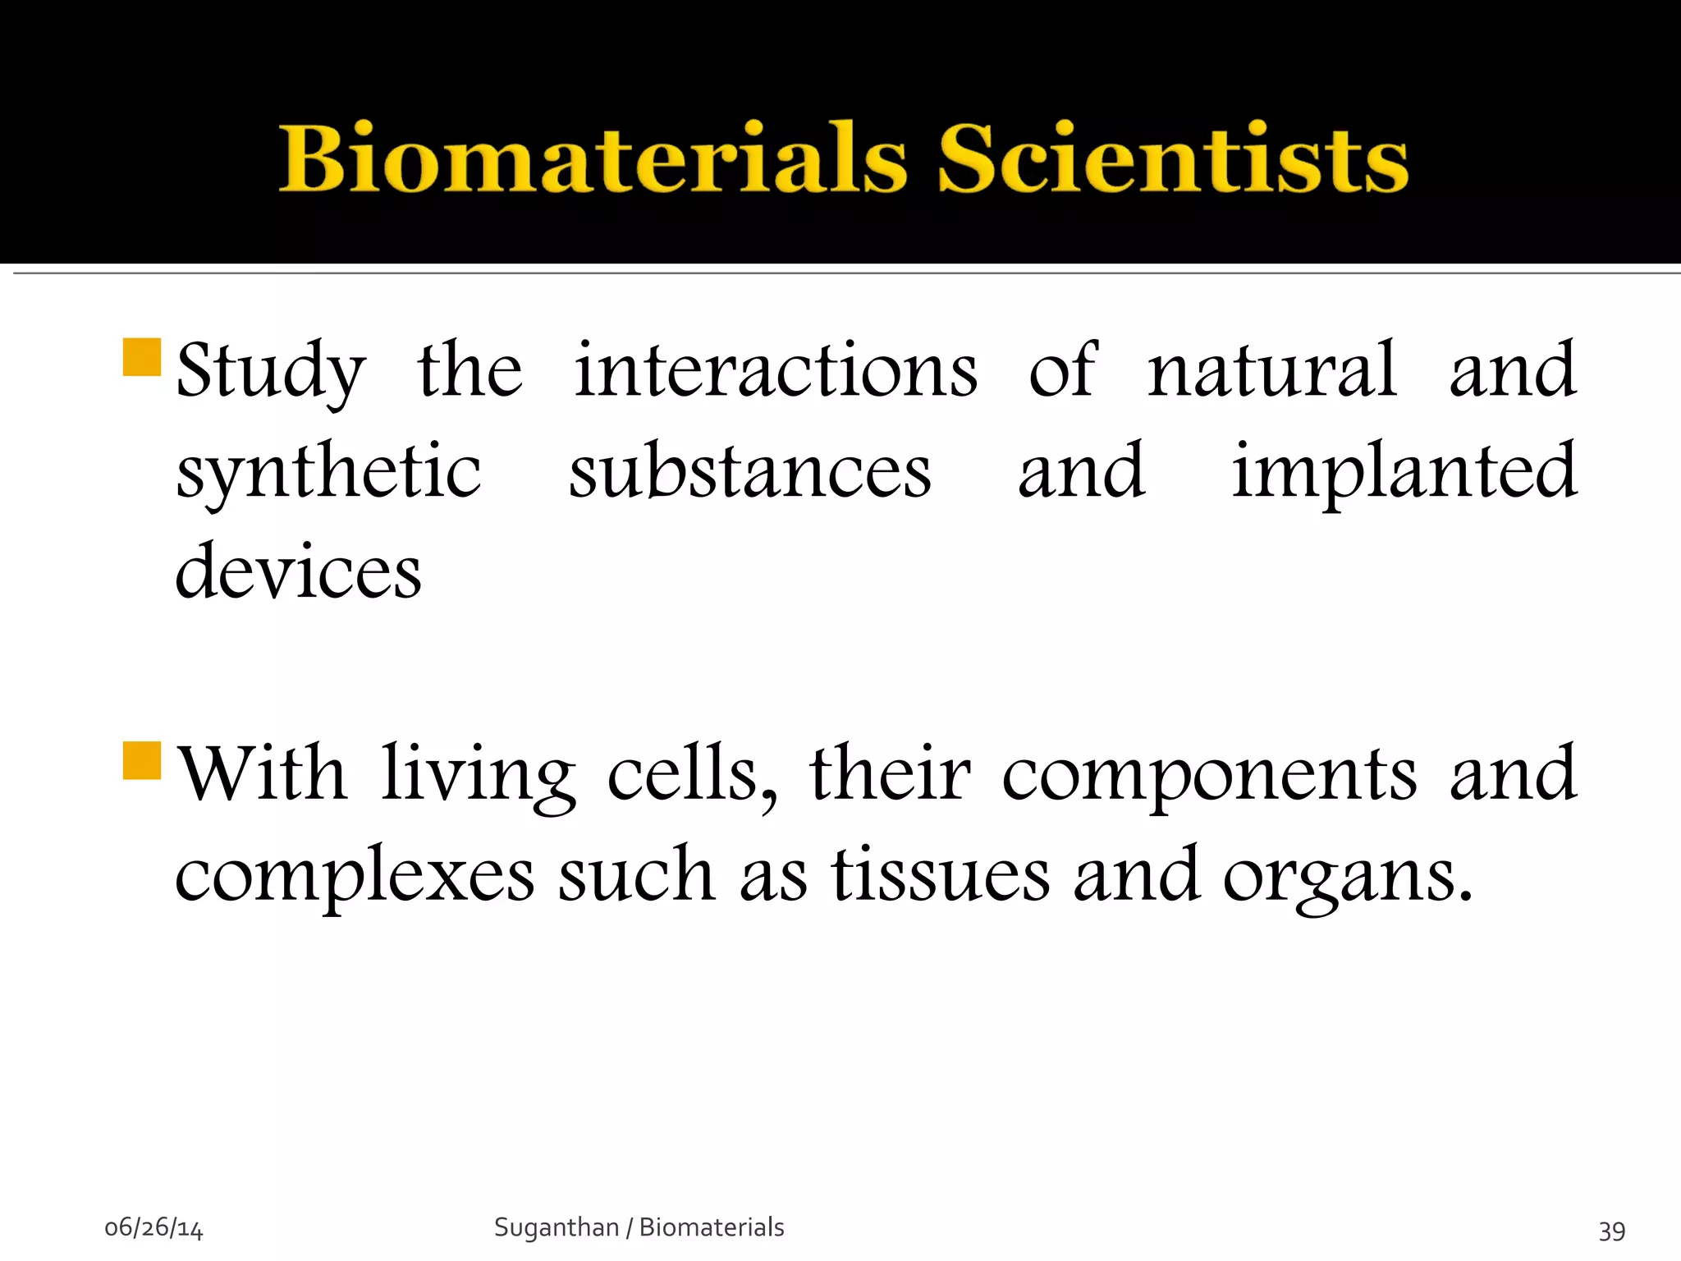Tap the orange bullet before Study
coord(142,357)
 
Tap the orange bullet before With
coord(142,759)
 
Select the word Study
coord(271,371)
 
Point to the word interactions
coord(776,371)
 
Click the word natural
coord(1271,371)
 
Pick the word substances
coord(750,472)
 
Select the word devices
coord(299,572)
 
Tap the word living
coord(479,776)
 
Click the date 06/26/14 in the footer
coord(153,1228)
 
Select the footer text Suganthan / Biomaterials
coord(639,1227)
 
